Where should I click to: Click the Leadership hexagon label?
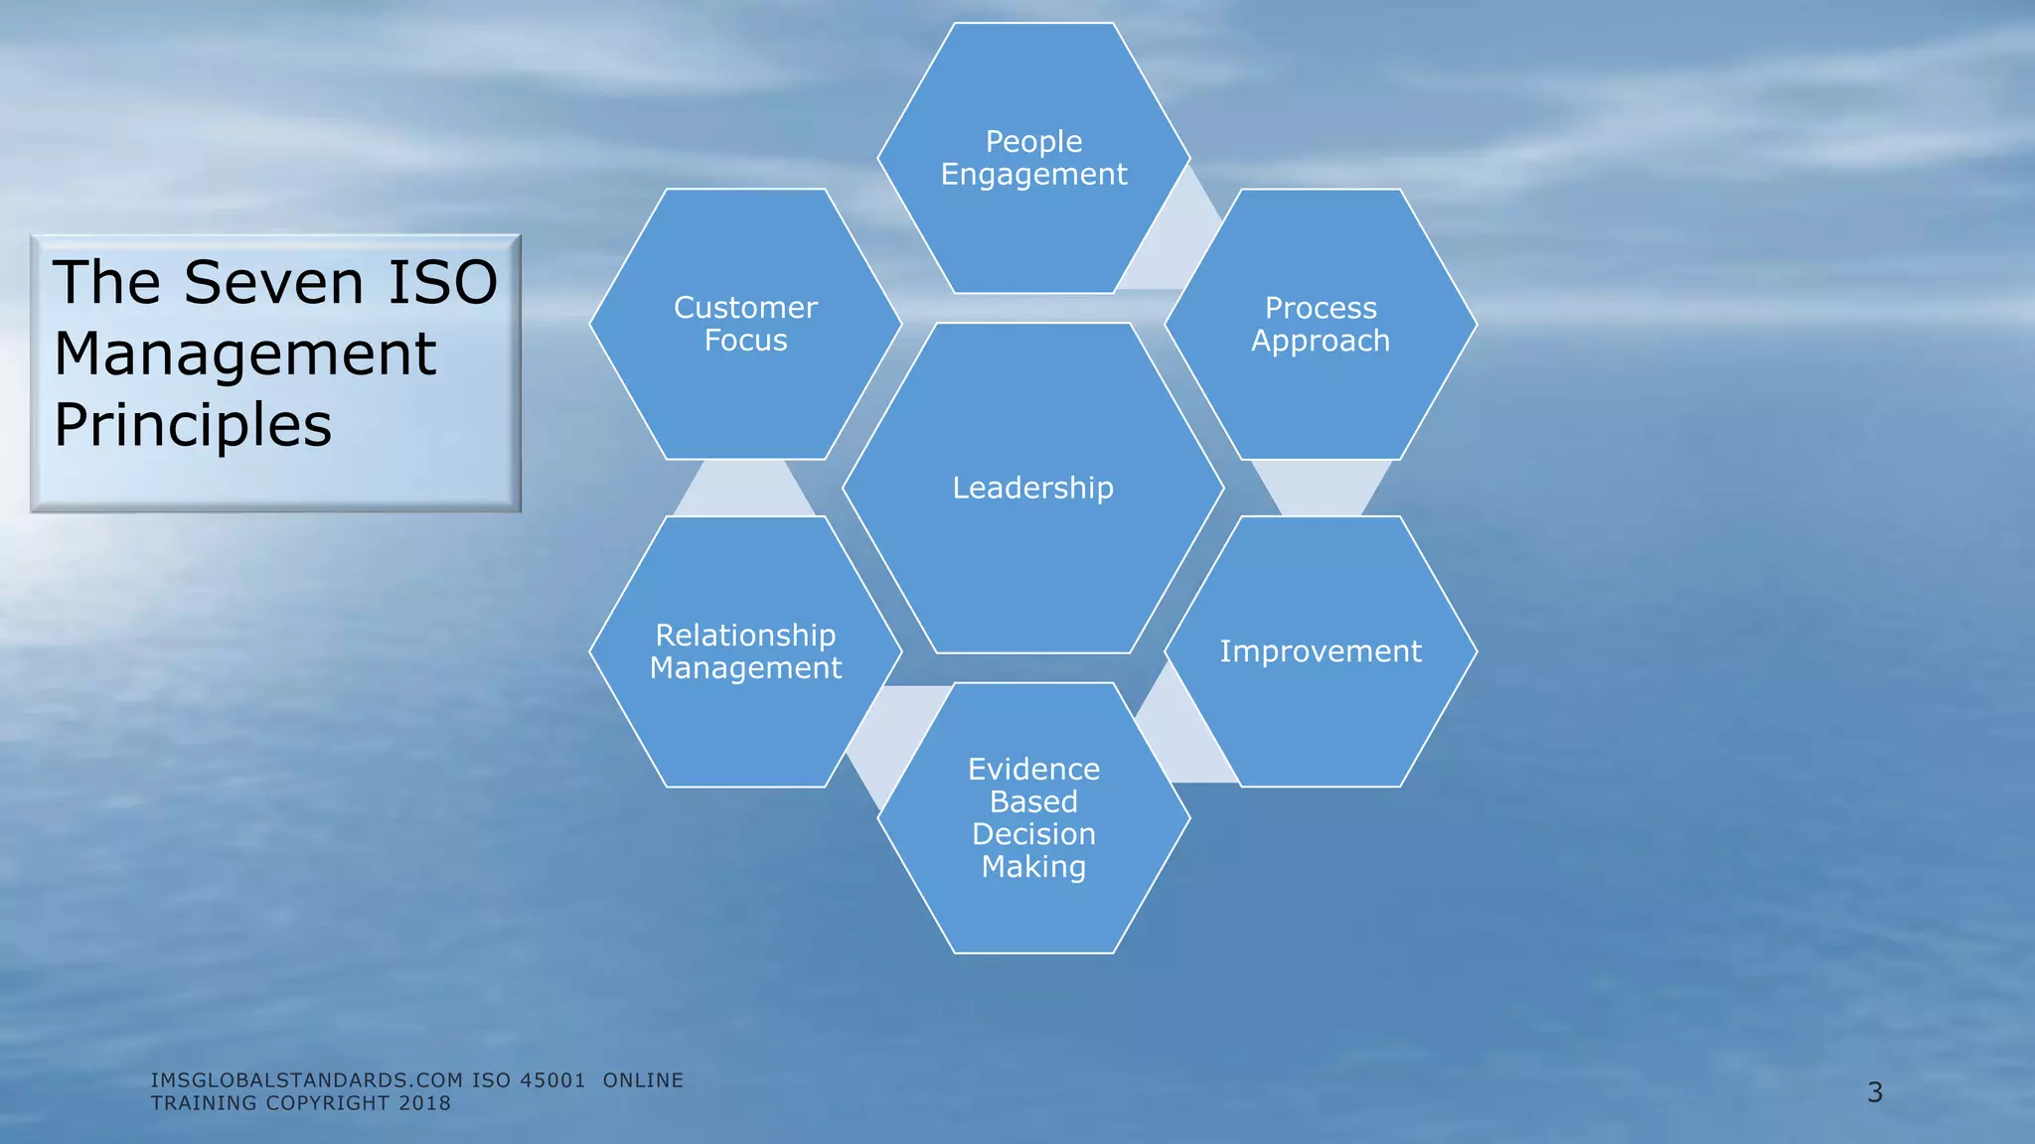coord(1032,488)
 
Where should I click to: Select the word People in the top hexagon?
coord(1033,142)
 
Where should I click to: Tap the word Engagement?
coord(1033,175)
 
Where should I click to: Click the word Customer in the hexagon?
coord(745,308)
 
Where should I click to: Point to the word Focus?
coord(745,341)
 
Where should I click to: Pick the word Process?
coord(1321,308)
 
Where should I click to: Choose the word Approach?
coord(1321,341)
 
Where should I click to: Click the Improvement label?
coord(1321,651)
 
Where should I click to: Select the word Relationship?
coord(745,636)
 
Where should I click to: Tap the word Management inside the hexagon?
coord(745,668)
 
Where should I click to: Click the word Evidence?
coord(1033,770)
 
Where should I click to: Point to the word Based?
coord(1033,801)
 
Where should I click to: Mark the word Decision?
coord(1033,834)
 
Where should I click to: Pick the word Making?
coord(1033,867)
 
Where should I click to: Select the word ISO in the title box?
coord(442,282)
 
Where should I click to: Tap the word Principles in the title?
coord(193,425)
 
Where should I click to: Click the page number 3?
coord(1874,1092)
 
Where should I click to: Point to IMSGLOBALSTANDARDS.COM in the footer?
coord(307,1080)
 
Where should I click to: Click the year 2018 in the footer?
coord(424,1103)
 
